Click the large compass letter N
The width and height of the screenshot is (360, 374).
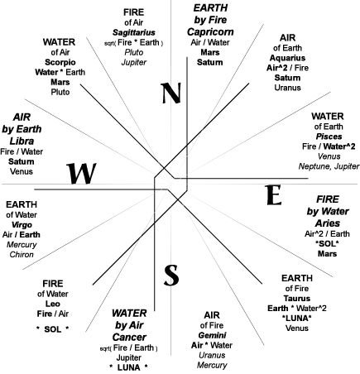pos(171,93)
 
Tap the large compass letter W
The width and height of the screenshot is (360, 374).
pos(81,174)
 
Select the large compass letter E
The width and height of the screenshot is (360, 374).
pos(273,195)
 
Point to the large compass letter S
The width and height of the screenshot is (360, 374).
pos(171,275)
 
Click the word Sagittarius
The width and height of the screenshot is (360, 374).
pos(134,32)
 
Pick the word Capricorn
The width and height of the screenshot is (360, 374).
pos(210,31)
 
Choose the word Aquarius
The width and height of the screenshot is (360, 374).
pos(287,58)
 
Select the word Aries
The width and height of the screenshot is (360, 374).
pos(328,223)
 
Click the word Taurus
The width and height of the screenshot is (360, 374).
pos(297,299)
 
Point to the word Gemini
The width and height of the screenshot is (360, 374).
pos(212,335)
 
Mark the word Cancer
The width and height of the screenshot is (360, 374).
pos(129,337)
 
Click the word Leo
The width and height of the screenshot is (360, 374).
pos(53,304)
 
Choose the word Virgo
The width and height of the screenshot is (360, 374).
pos(22,225)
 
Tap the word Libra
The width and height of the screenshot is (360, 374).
pos(22,141)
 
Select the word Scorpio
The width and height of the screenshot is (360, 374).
pos(60,62)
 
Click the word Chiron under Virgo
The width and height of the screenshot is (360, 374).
pos(22,254)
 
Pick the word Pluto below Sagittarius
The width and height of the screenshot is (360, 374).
pos(134,52)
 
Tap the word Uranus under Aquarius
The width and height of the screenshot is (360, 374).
pos(287,88)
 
